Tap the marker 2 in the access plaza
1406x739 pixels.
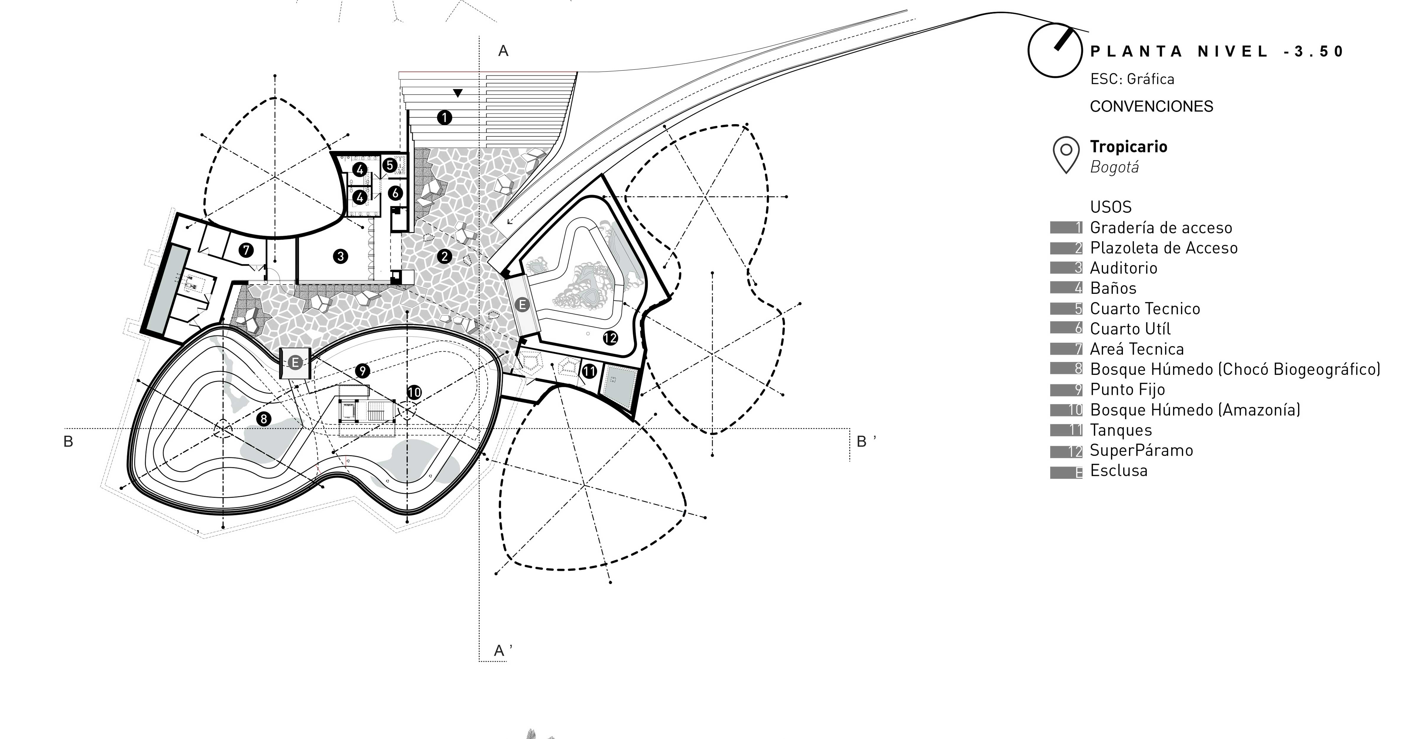[444, 256]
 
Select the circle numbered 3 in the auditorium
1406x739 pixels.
[340, 256]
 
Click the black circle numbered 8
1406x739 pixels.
[264, 419]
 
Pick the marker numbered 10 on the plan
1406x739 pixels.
[414, 392]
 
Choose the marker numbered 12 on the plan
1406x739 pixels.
[610, 338]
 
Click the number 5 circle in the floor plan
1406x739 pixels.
[390, 165]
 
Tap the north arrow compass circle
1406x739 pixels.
[1055, 50]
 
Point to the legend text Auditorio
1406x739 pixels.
[1123, 268]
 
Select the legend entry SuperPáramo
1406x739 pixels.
[1141, 450]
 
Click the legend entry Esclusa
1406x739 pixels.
[1118, 471]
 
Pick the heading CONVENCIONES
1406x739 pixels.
[1151, 106]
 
